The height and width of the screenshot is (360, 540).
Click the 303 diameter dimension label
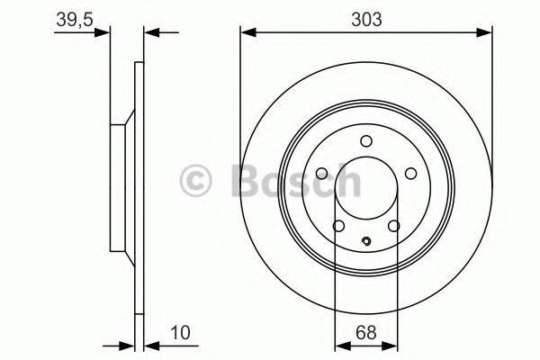pyautogui.click(x=365, y=16)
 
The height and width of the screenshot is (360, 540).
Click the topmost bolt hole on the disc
pyautogui.click(x=365, y=140)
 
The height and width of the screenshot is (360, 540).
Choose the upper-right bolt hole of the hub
pyautogui.click(x=409, y=174)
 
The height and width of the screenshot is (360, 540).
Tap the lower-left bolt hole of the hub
pyautogui.click(x=338, y=226)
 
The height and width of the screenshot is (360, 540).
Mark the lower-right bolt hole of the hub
pyautogui.click(x=393, y=226)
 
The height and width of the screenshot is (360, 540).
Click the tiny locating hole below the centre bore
pyautogui.click(x=365, y=240)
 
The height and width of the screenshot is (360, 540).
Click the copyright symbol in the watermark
pyautogui.click(x=197, y=179)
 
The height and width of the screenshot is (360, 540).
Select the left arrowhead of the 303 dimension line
pyautogui.click(x=246, y=33)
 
